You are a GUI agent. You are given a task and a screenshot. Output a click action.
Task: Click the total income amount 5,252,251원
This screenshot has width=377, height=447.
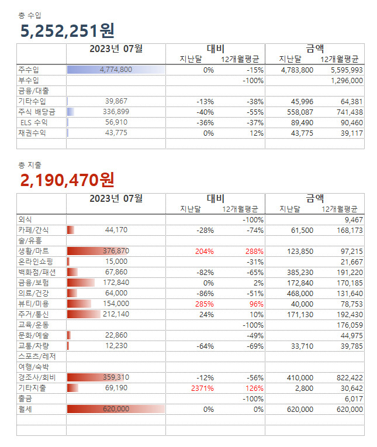(67, 31)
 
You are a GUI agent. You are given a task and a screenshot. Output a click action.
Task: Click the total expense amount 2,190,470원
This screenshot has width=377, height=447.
(67, 180)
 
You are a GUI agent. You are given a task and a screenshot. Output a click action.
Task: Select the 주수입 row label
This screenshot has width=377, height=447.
(28, 70)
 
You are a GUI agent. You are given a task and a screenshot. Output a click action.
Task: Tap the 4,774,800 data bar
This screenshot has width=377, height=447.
(116, 70)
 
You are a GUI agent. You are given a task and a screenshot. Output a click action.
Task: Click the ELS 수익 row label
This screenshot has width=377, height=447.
(33, 122)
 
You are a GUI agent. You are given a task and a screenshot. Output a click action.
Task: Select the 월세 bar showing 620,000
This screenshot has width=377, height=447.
(116, 409)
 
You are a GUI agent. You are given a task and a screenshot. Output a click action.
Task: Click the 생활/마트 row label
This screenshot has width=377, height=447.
(33, 251)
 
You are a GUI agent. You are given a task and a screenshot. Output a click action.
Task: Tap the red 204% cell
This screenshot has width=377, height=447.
(204, 251)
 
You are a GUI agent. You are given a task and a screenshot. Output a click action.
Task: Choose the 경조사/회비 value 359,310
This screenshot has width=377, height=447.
(115, 377)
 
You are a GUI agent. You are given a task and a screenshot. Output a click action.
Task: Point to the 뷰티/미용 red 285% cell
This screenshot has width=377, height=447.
(204, 304)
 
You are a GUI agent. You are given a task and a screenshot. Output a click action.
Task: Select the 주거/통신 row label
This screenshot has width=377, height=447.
(33, 314)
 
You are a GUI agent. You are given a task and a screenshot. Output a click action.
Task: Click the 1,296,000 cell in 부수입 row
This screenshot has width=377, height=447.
(347, 80)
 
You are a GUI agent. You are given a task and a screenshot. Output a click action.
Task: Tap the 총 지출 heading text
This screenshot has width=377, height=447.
(29, 165)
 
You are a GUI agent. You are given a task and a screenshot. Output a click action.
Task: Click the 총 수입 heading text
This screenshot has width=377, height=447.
(29, 15)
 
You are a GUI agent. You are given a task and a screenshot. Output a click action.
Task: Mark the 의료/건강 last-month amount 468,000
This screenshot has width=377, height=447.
(301, 293)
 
